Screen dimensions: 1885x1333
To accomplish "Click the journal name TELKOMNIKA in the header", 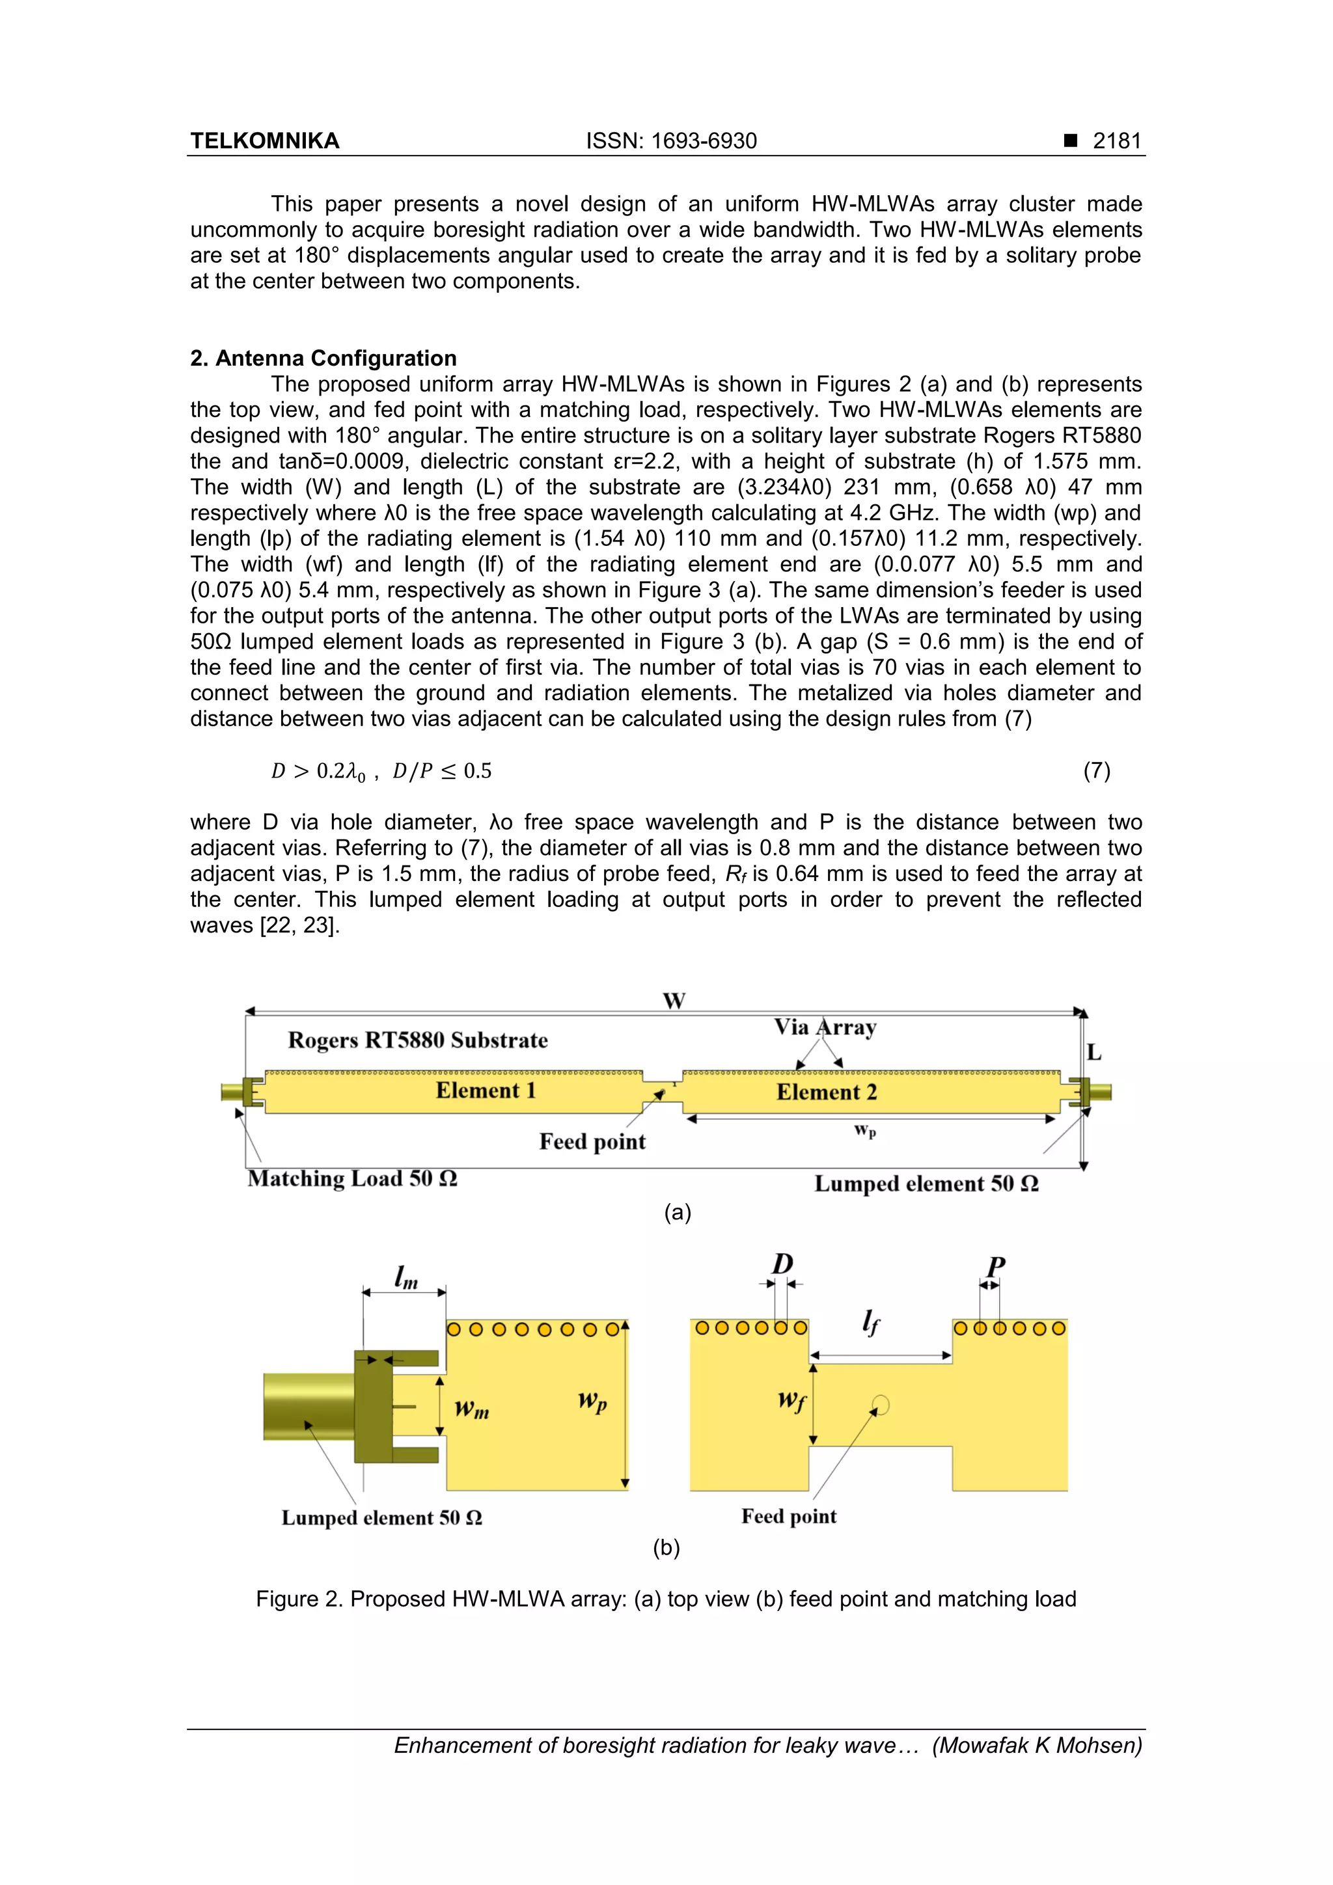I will [x=264, y=141].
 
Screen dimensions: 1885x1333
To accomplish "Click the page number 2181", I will [x=1116, y=141].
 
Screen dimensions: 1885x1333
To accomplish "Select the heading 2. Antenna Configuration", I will [x=323, y=358].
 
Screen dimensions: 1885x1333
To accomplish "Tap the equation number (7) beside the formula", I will [x=1097, y=770].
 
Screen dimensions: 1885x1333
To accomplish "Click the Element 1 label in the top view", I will [x=486, y=1091].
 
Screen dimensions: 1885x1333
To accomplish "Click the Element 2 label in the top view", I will [x=826, y=1092].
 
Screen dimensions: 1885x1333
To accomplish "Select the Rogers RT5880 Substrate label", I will [x=417, y=1040].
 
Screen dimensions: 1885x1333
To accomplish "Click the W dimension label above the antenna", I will [x=674, y=1001].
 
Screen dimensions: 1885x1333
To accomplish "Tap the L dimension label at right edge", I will [x=1093, y=1053].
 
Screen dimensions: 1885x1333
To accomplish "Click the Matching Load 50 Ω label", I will [x=352, y=1179].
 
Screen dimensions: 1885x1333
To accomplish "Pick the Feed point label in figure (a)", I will [x=592, y=1142].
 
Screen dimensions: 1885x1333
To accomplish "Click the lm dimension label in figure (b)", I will [x=405, y=1277].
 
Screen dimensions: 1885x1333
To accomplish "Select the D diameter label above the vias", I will [x=783, y=1264].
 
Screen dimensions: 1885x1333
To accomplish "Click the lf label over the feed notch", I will [x=871, y=1322].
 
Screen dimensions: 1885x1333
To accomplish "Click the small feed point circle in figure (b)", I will [x=881, y=1405].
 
